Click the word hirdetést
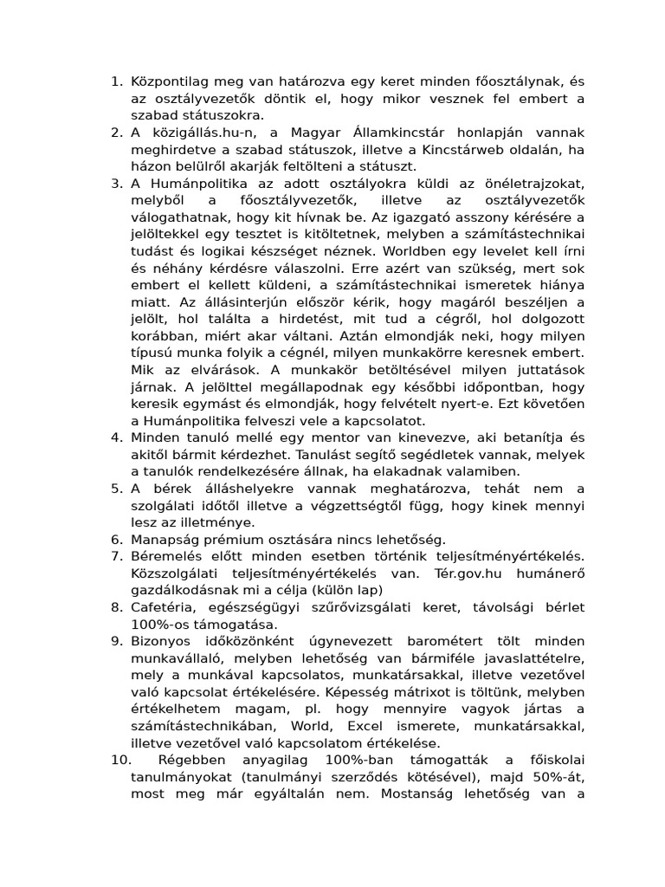coord(302,319)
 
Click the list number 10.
coord(121,760)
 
